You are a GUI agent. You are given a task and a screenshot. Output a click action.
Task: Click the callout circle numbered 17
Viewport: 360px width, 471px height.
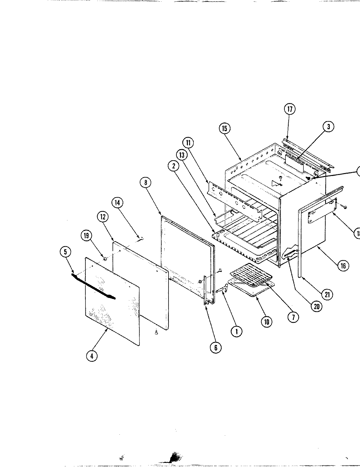click(290, 109)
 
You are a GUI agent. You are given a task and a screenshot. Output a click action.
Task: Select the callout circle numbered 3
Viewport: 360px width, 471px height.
click(328, 127)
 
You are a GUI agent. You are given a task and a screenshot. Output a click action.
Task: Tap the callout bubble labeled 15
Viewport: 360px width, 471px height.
click(225, 128)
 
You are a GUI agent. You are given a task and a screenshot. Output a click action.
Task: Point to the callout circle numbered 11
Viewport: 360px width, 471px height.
click(189, 143)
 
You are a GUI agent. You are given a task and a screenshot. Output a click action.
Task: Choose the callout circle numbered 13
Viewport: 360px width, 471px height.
click(182, 155)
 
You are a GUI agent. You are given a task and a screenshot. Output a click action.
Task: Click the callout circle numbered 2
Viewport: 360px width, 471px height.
click(173, 166)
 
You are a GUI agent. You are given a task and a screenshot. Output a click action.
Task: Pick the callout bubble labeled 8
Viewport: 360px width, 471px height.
click(146, 183)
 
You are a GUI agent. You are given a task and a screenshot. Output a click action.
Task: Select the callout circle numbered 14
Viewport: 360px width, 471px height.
click(117, 202)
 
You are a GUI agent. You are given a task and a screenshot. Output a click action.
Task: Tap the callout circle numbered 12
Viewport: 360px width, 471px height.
click(102, 217)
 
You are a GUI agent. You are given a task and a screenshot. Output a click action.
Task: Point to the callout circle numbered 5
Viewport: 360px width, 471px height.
click(65, 252)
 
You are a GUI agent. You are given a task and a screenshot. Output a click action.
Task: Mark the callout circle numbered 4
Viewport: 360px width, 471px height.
click(92, 356)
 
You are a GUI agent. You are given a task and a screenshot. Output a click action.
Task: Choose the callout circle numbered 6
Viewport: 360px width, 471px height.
click(215, 347)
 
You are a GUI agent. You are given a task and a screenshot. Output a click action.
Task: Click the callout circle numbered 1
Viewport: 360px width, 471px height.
click(236, 332)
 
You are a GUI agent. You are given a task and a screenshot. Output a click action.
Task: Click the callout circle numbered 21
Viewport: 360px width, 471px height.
click(326, 294)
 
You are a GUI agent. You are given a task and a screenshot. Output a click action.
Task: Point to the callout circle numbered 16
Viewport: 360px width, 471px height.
click(343, 266)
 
